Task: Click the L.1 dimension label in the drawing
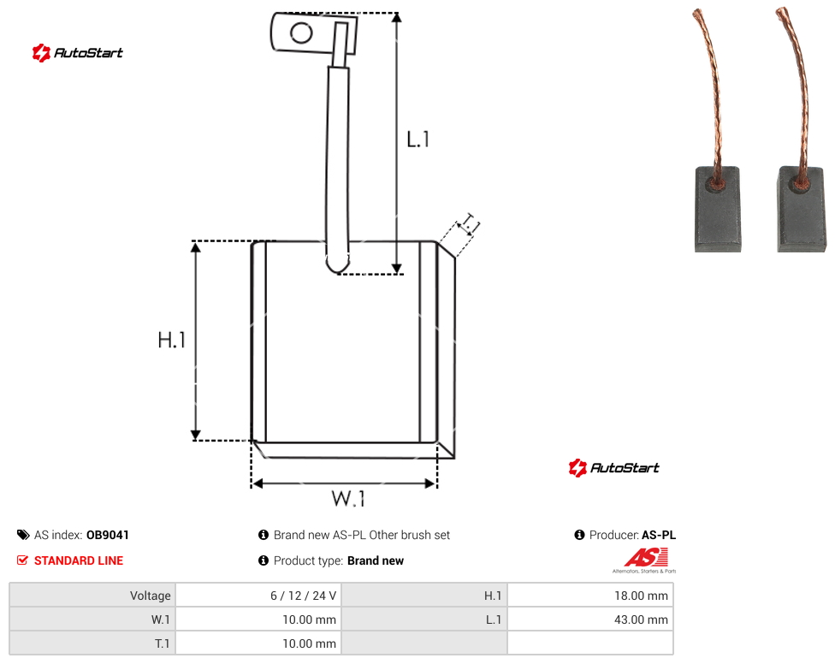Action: (x=418, y=139)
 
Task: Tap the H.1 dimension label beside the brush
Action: (x=171, y=340)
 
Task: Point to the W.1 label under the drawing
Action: (x=348, y=498)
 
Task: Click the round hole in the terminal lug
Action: (x=301, y=33)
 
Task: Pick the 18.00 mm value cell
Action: (x=590, y=596)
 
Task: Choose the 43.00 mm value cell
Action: (x=590, y=620)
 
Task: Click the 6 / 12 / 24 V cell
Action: (x=259, y=596)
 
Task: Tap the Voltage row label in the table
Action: (x=151, y=596)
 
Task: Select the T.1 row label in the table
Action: (x=162, y=643)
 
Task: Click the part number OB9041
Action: (x=108, y=535)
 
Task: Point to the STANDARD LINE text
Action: (x=79, y=560)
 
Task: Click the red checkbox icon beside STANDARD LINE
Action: (x=22, y=560)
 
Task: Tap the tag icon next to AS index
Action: (x=23, y=535)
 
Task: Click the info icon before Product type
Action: (x=263, y=560)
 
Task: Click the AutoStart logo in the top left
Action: (x=78, y=53)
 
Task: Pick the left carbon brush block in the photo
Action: (x=717, y=209)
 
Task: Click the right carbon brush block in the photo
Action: (x=802, y=209)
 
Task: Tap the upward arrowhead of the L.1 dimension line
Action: (x=396, y=17)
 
